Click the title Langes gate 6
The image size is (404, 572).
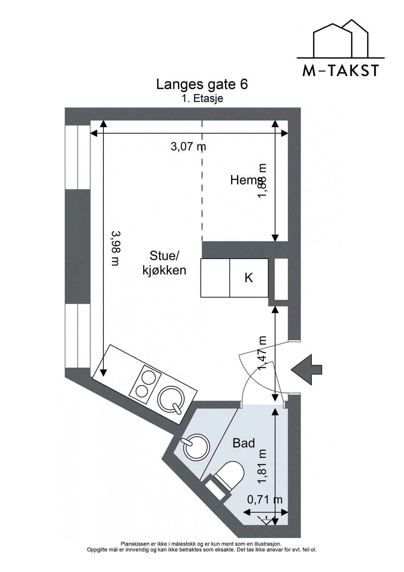click(x=202, y=85)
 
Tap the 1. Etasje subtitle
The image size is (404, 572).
click(x=202, y=99)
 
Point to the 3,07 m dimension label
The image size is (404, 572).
click(x=189, y=146)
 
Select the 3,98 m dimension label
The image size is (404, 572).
click(x=115, y=248)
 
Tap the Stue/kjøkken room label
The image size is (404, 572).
click(x=164, y=263)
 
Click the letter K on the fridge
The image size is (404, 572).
click(x=249, y=278)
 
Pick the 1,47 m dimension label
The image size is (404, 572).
click(x=263, y=353)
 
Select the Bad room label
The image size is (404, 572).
click(x=244, y=443)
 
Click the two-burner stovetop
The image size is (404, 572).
click(x=145, y=384)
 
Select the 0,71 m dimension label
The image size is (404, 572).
click(x=265, y=500)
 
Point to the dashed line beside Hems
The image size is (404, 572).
click(x=202, y=181)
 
